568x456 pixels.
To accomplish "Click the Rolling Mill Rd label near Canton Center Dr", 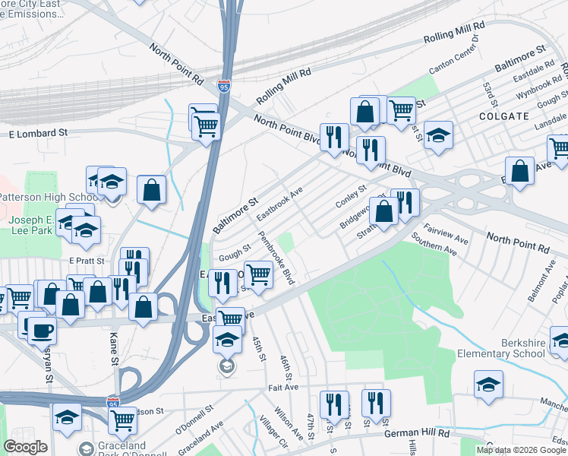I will click(x=453, y=37).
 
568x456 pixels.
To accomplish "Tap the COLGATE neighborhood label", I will click(x=503, y=116).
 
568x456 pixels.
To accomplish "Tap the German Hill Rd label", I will click(x=417, y=432).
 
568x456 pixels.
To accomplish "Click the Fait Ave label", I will click(x=281, y=387).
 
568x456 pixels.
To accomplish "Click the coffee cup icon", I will click(x=42, y=330).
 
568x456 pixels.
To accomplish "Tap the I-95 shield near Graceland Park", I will click(x=112, y=399).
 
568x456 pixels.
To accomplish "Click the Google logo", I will click(x=26, y=447).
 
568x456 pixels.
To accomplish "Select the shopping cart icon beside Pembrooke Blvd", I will click(x=258, y=275).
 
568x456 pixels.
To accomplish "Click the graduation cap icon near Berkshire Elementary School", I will click(x=488, y=385).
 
